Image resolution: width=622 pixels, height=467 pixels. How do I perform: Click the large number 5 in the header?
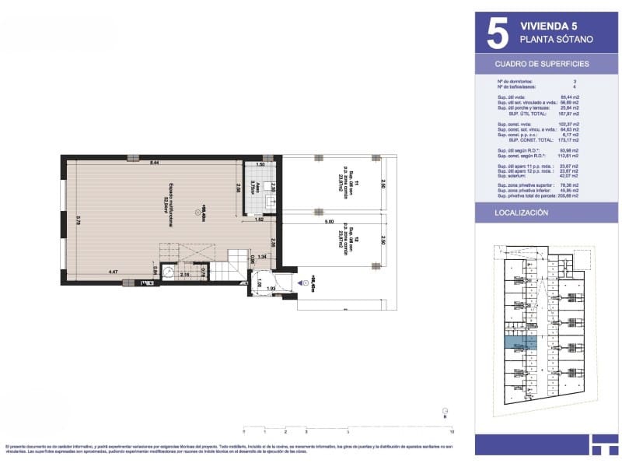[x=496, y=33]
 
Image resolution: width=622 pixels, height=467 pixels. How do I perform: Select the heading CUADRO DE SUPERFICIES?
[x=542, y=64]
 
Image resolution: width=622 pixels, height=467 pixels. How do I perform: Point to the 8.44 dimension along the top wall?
[x=154, y=163]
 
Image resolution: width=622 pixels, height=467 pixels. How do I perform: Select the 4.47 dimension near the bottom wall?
[x=114, y=272]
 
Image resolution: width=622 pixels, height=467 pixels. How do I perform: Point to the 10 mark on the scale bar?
[x=452, y=430]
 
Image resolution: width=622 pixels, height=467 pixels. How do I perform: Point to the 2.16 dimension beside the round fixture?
[x=184, y=275]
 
